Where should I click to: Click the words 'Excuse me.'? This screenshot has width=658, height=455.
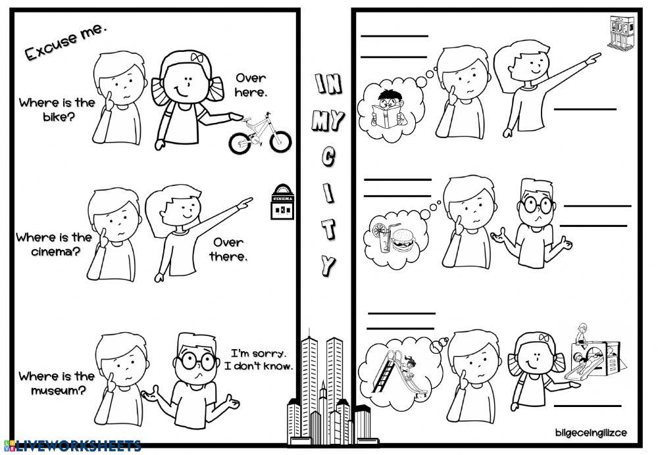pos(65,43)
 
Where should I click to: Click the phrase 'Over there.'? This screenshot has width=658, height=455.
pos(228,250)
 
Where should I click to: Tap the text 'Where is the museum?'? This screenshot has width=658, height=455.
pos(57,383)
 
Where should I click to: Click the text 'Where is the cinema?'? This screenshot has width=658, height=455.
pos(54,244)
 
